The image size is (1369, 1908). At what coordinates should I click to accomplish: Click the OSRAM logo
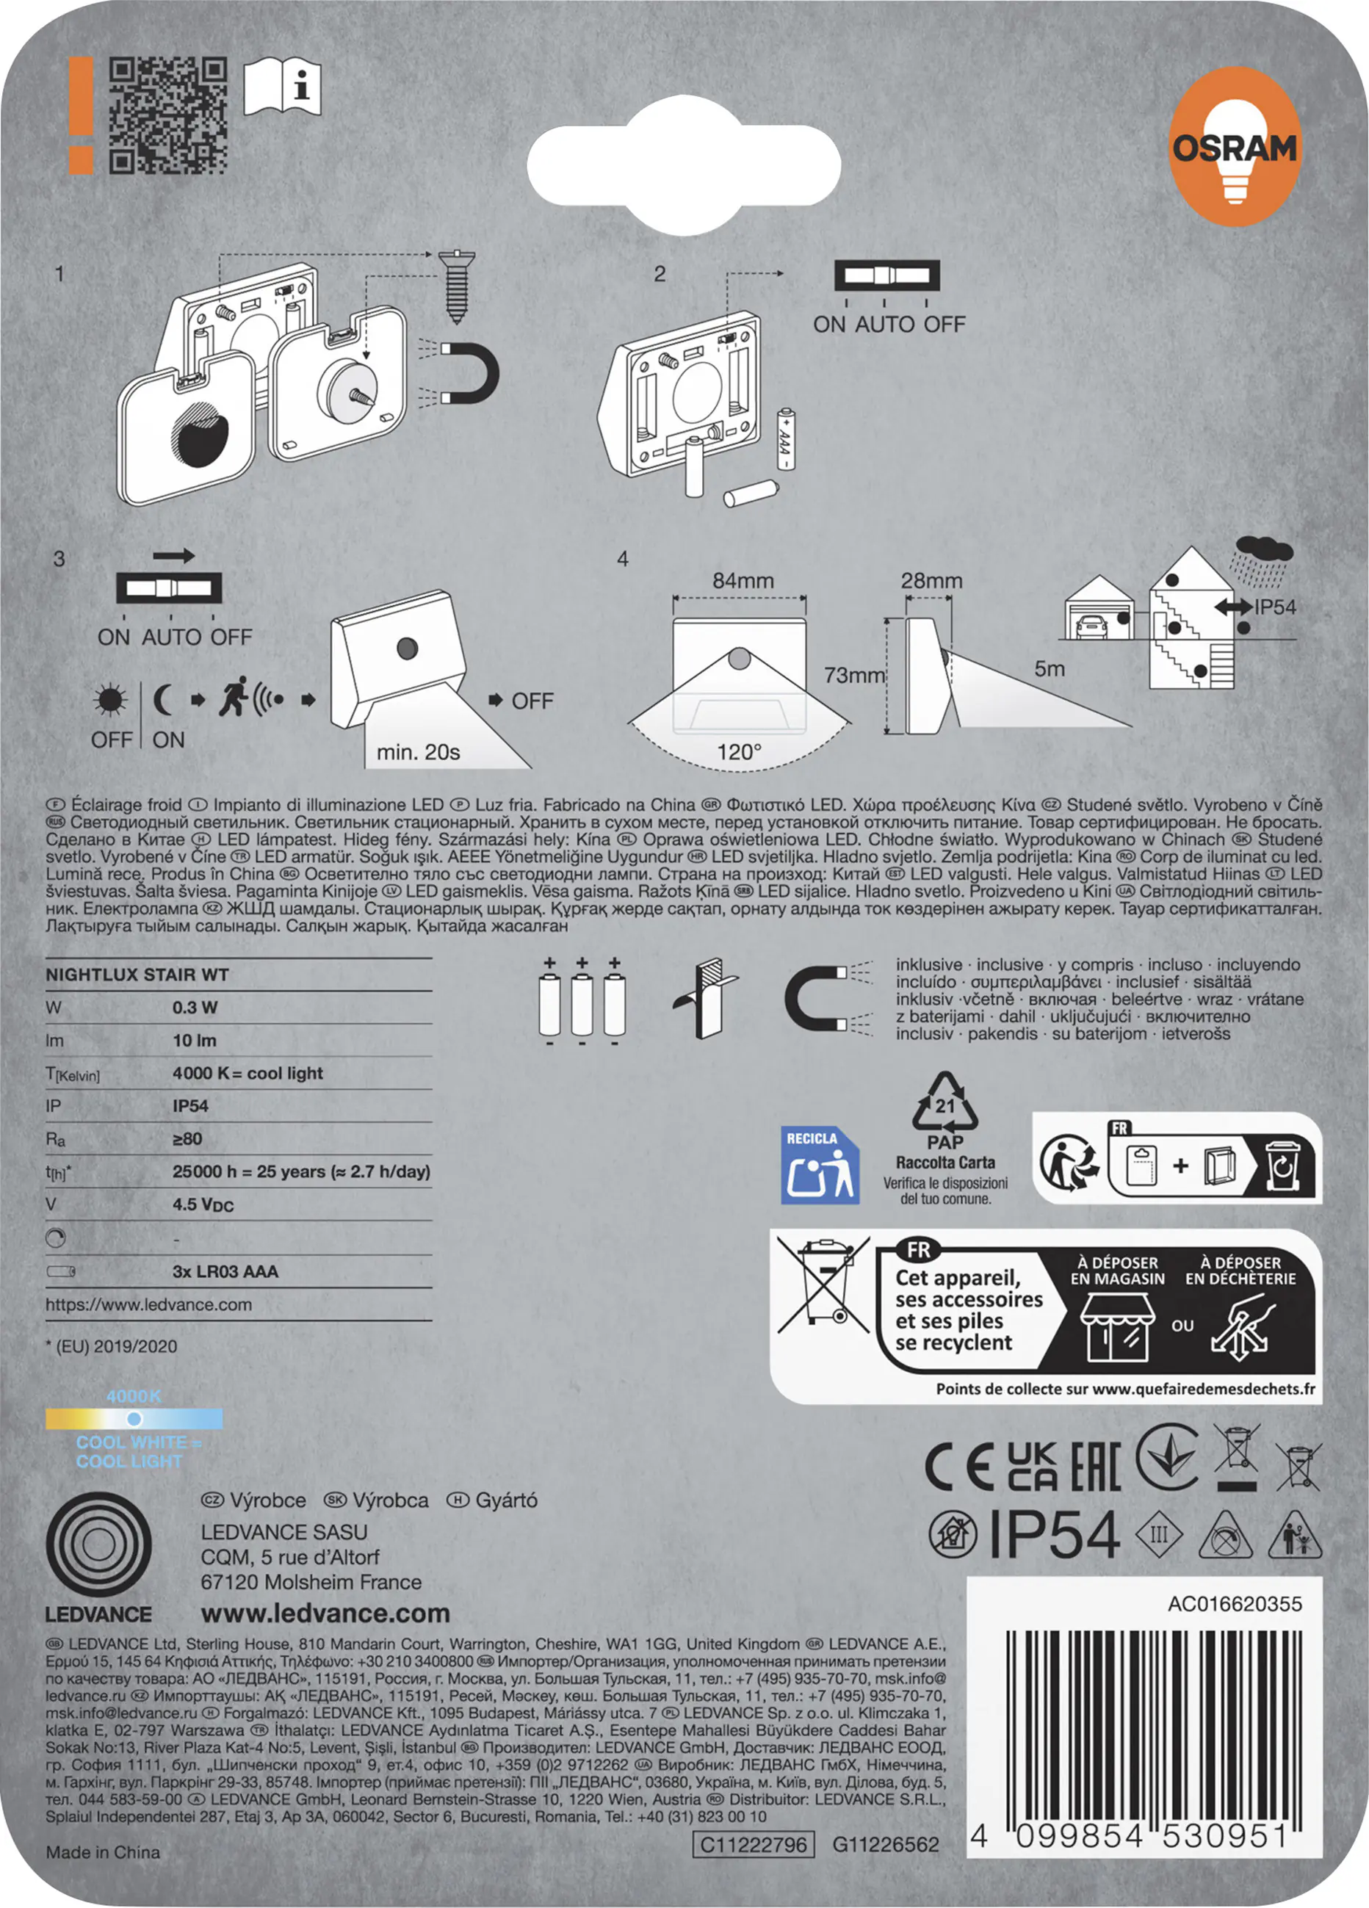[1235, 147]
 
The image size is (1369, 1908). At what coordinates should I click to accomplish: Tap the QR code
[168, 116]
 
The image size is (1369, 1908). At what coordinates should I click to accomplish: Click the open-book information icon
[282, 86]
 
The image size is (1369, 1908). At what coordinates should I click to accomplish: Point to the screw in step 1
[457, 286]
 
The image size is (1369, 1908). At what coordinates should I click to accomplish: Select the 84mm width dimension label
[743, 580]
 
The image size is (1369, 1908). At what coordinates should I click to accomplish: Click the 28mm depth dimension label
[931, 580]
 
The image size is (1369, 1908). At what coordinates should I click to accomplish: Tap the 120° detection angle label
[739, 751]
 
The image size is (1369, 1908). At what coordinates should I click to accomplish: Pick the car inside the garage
[1091, 625]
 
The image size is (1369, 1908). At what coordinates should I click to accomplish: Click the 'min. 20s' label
[418, 752]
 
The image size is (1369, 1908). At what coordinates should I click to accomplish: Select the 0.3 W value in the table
[195, 1007]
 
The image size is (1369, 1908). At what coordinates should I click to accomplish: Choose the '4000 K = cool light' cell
[248, 1073]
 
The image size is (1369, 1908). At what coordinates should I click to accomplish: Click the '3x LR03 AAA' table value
[225, 1271]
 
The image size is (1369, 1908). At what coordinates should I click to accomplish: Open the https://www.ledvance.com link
[149, 1305]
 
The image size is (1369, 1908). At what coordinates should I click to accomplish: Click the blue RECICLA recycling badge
[820, 1166]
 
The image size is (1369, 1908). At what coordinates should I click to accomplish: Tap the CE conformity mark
[960, 1467]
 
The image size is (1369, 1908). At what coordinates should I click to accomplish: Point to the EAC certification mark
[1095, 1467]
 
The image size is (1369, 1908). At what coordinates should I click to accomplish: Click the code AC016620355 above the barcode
[1235, 1603]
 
